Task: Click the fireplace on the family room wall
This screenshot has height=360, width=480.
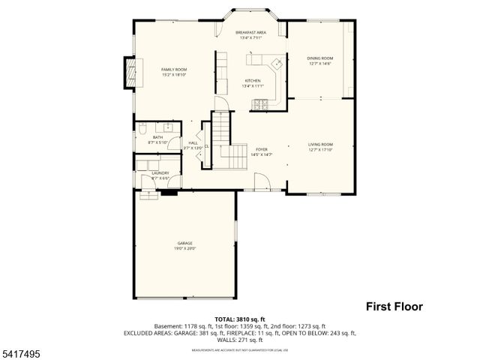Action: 129,72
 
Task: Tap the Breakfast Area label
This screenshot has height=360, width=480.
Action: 250,33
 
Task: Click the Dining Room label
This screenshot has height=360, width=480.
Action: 320,58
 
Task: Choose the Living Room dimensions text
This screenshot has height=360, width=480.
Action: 320,149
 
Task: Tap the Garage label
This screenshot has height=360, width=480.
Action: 184,243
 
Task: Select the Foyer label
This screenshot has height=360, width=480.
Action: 261,149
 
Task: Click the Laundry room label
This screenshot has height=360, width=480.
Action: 160,173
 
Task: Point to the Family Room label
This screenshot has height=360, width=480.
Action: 173,69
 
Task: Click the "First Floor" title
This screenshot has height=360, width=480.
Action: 394,306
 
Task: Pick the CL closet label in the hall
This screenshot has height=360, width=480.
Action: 206,146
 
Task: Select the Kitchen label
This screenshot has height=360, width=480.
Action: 252,81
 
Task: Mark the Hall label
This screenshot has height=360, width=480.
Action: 193,142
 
